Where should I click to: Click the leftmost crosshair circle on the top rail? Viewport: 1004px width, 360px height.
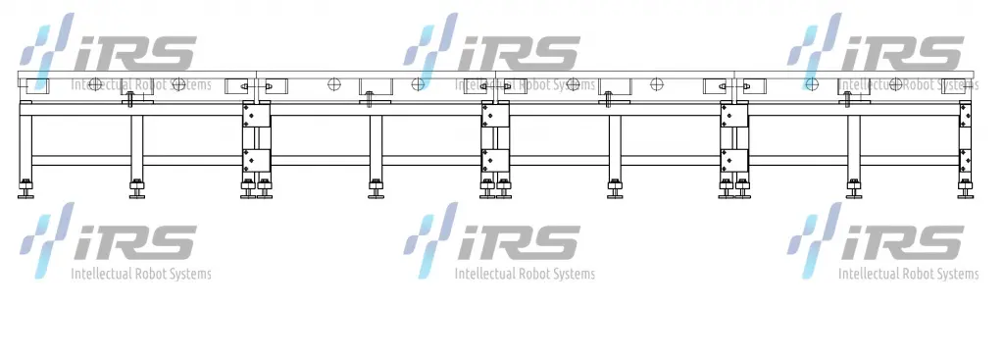[95, 84]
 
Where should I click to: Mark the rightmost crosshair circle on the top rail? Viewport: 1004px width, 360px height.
[896, 84]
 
